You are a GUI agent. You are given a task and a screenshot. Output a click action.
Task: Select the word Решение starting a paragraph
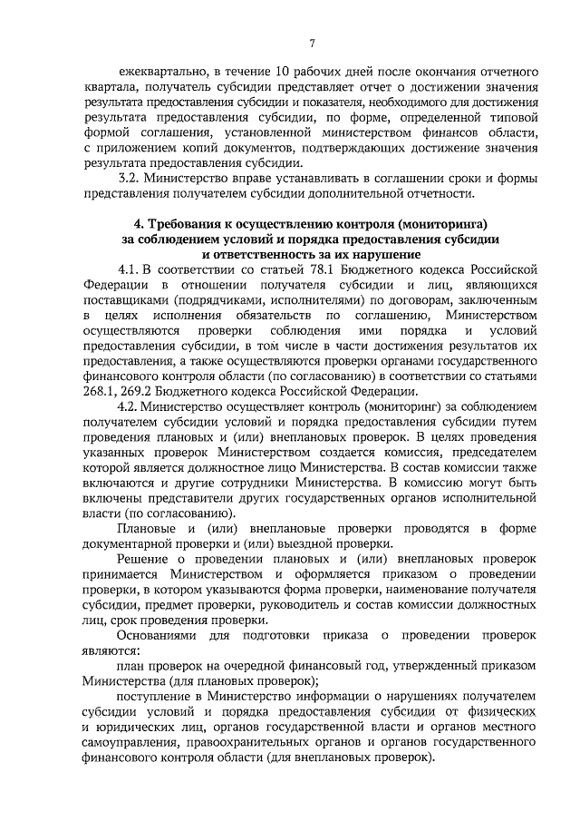coord(143,560)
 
